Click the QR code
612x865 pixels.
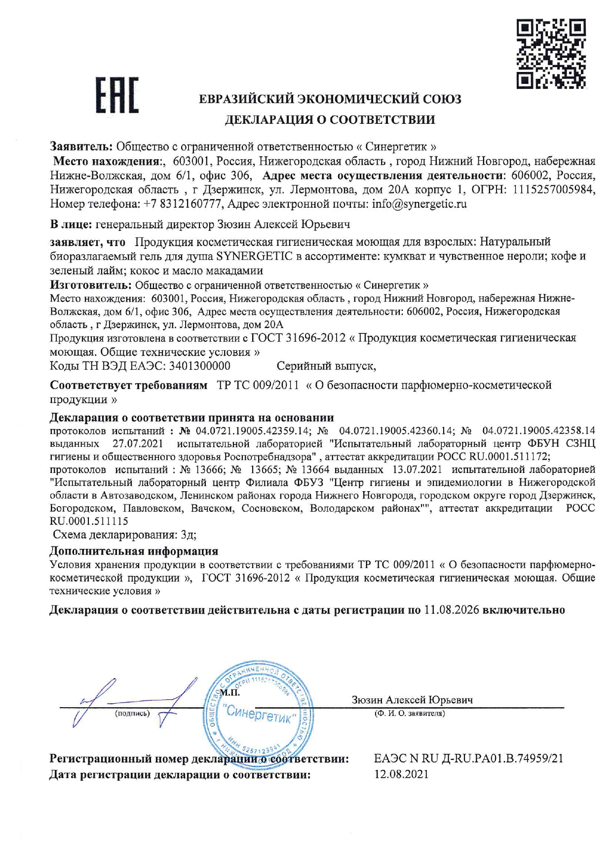point(551,54)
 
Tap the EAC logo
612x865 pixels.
point(117,96)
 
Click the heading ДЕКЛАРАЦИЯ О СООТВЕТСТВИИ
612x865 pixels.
point(330,119)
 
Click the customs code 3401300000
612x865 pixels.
point(199,366)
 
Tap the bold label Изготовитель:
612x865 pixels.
point(91,285)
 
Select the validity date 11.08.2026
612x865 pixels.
point(451,610)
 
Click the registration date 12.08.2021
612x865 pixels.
point(401,774)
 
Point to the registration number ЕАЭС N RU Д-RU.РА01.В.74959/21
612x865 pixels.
point(468,758)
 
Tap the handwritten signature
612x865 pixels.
point(133,703)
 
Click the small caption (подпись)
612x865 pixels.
point(132,714)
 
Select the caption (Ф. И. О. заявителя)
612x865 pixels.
point(410,714)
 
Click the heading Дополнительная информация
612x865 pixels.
point(134,551)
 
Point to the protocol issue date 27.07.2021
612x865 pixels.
point(138,443)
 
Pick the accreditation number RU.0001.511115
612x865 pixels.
point(89,521)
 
